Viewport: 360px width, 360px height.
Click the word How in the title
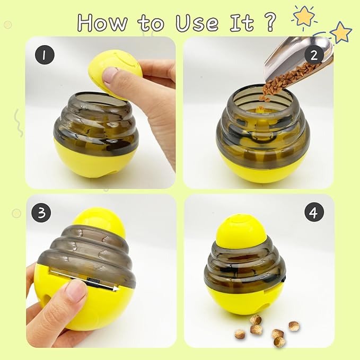tap(102, 23)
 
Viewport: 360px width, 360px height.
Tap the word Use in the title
tap(197, 23)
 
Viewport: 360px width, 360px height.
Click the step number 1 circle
tap(45, 55)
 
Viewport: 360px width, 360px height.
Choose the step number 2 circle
tap(314, 55)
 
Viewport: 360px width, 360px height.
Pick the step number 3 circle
tap(41, 213)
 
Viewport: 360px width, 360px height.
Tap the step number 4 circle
tap(314, 212)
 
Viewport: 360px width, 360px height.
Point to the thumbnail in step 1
tap(111, 76)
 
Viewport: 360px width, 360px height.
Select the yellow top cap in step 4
tap(241, 231)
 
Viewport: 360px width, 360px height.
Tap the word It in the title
tap(242, 22)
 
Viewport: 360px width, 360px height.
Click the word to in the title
tap(151, 23)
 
